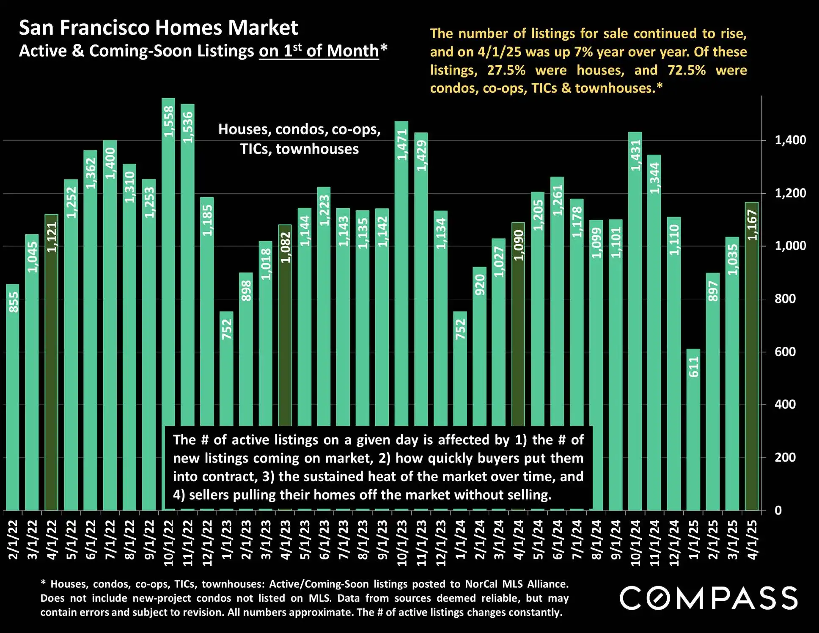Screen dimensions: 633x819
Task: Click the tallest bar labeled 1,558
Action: tap(168, 262)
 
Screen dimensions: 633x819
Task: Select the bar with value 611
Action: tap(693, 429)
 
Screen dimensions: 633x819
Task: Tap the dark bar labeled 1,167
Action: tap(752, 355)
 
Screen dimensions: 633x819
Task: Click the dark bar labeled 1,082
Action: tap(285, 326)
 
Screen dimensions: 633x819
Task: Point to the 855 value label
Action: tap(14, 302)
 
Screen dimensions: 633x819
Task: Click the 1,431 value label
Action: tap(636, 155)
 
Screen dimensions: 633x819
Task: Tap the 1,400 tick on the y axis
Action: tap(790, 140)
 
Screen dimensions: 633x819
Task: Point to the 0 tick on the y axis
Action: tap(778, 510)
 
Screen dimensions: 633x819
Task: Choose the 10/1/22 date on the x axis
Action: tap(168, 542)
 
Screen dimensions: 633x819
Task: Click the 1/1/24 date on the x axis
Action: tap(460, 539)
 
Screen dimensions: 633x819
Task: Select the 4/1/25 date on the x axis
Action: tap(752, 539)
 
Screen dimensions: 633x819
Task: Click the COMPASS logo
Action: tap(709, 598)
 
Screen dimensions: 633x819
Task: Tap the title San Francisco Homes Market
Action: tap(158, 28)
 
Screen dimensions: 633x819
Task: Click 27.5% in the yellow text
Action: tap(506, 70)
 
